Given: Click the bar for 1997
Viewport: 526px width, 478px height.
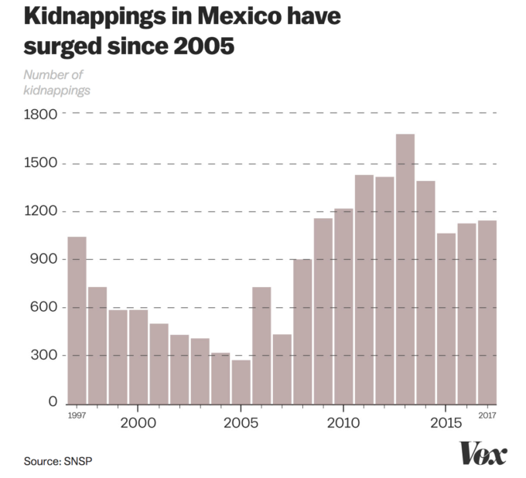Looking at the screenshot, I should (77, 320).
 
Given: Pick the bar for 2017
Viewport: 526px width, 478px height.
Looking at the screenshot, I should (487, 312).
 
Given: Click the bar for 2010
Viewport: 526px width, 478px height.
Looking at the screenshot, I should (343, 306).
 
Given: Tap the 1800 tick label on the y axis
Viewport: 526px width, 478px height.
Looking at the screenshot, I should (41, 114).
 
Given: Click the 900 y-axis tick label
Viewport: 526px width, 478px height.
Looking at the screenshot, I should (45, 259).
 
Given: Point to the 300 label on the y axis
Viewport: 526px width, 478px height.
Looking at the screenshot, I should (45, 356).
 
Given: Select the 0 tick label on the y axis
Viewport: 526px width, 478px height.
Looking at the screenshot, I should (52, 403).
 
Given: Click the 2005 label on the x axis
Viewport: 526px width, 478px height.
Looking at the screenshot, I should (241, 422).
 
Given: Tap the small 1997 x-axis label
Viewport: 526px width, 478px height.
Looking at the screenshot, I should (76, 416).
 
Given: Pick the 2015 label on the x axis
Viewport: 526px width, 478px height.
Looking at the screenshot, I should (446, 422).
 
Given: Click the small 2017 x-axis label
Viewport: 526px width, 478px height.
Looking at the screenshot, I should (487, 416).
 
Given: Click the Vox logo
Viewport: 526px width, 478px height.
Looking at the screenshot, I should (483, 453).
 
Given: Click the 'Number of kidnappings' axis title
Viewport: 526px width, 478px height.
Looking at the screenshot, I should (56, 83).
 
